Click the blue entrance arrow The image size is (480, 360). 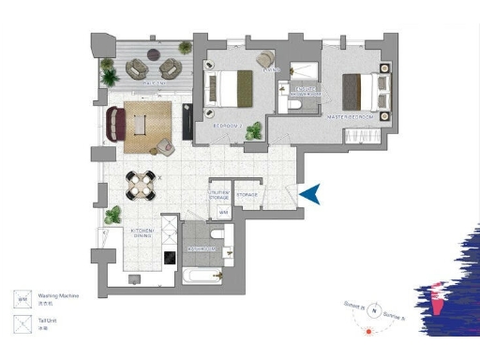(x=312, y=193)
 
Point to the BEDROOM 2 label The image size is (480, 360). (x=227, y=124)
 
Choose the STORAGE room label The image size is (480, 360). (x=247, y=195)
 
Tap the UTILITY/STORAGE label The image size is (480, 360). (x=219, y=194)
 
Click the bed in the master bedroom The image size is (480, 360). (x=363, y=90)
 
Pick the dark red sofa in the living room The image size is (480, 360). (x=116, y=125)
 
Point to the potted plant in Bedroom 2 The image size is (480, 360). (x=253, y=132)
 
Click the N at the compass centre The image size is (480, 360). (x=374, y=312)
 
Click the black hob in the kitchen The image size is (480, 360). (x=170, y=256)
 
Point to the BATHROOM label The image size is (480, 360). (x=202, y=249)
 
